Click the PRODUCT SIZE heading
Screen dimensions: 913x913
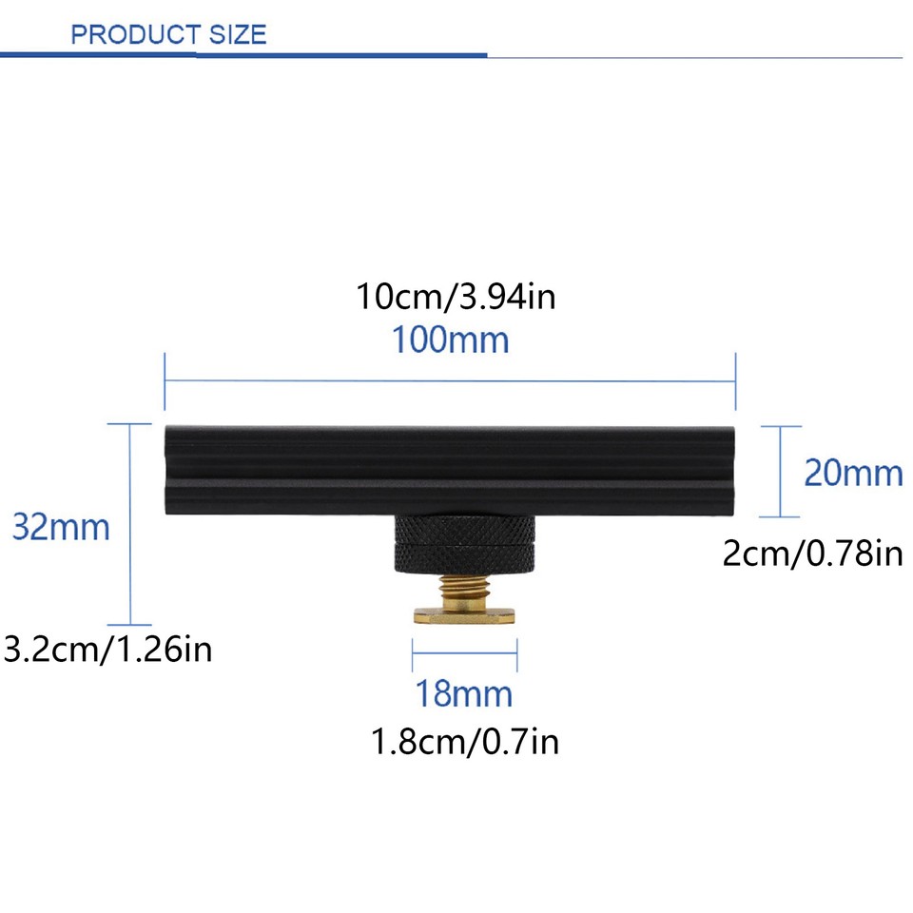pos(168,35)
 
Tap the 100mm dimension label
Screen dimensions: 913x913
pos(451,340)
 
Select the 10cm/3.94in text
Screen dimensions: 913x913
pos(456,297)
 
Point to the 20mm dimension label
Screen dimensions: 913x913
pos(853,472)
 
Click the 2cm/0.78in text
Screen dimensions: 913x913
pos(812,553)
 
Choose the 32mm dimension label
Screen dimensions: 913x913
pos(61,526)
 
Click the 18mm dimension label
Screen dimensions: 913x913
pos(463,694)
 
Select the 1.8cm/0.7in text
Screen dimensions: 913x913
pos(465,741)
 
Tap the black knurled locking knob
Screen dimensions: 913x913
pos(464,543)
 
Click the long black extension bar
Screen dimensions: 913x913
pos(451,470)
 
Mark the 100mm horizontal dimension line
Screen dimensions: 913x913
pos(451,381)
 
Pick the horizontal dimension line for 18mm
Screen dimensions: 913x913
pos(464,653)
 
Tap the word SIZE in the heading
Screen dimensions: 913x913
pos(232,35)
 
